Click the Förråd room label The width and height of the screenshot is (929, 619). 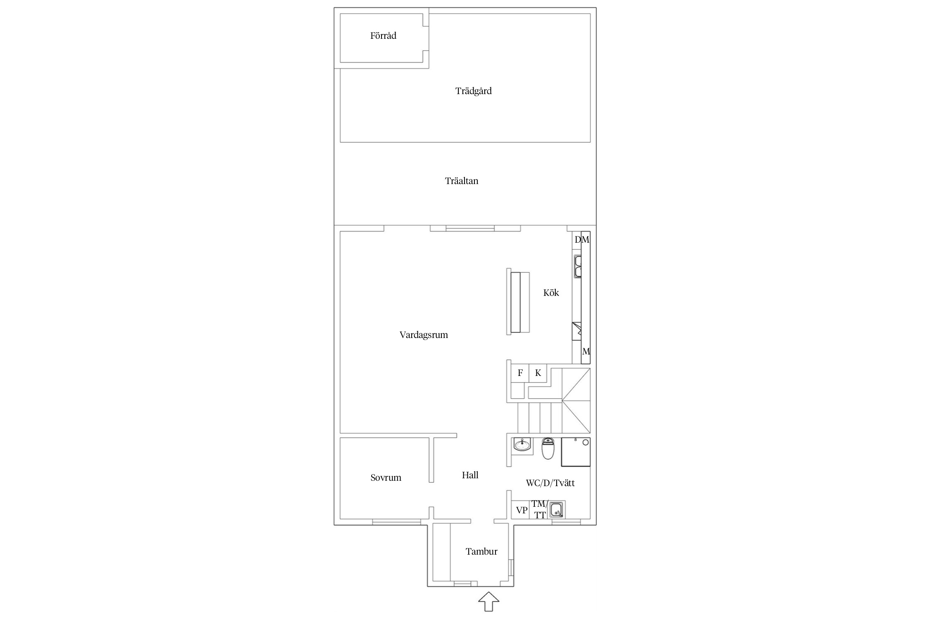[383, 36]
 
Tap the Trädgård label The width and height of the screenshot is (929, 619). [473, 91]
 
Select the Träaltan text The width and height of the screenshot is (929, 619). [462, 181]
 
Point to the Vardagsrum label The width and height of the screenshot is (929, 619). [424, 335]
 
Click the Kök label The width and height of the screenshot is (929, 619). [551, 293]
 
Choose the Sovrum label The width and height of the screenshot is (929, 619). [386, 477]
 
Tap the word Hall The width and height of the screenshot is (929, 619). [470, 475]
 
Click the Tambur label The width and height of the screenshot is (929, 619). [481, 551]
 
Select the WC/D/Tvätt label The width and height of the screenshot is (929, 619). [550, 483]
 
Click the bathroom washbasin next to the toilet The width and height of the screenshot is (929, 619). [521, 445]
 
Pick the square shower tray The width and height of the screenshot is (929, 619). [576, 452]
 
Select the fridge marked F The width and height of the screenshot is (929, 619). [520, 373]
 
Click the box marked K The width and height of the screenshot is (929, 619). [538, 373]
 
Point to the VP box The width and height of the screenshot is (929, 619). [521, 510]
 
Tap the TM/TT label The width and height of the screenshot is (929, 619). [540, 509]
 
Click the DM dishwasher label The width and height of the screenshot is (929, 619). [582, 239]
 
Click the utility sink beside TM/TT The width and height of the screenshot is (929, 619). [557, 510]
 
